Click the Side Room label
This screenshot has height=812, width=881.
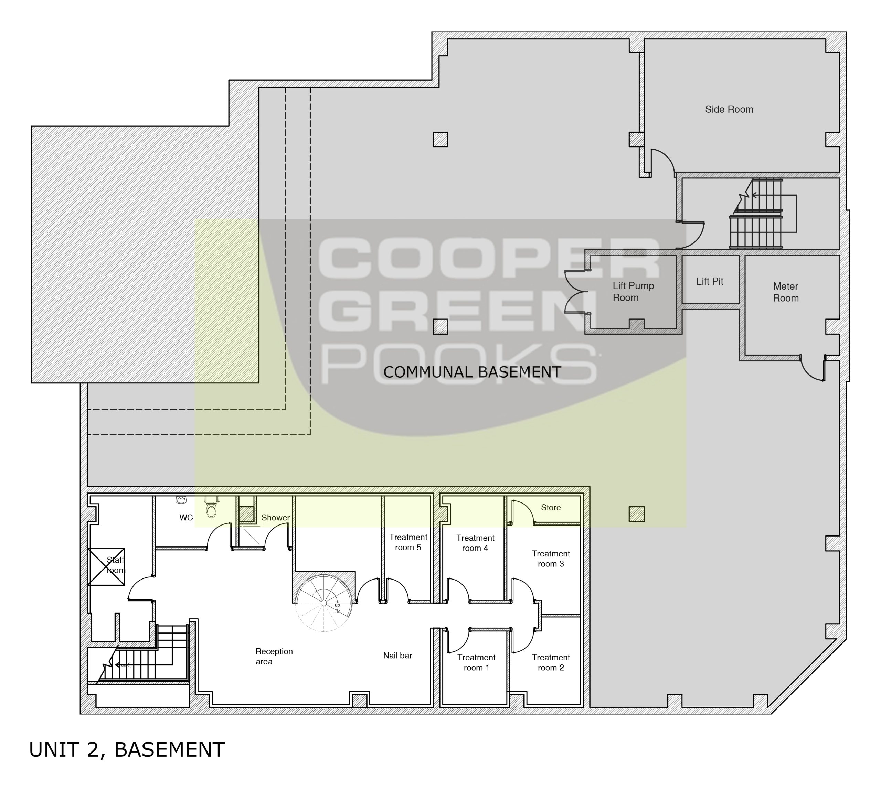tap(729, 109)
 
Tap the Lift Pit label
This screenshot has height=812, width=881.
tap(710, 281)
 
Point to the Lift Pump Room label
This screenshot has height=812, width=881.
tap(633, 292)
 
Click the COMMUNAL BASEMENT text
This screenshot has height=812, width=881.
tap(472, 372)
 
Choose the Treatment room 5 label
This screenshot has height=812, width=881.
tap(408, 542)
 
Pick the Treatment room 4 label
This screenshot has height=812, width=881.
tap(475, 543)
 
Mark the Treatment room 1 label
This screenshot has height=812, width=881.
tap(476, 663)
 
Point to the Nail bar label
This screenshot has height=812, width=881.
tap(397, 656)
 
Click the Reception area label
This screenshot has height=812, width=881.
tap(274, 657)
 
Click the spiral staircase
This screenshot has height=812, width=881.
tap(324, 603)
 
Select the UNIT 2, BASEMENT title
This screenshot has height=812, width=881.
tap(127, 750)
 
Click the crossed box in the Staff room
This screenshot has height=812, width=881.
tap(106, 566)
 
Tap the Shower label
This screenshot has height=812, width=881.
tap(276, 518)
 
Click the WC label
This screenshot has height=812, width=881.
tap(186, 518)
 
